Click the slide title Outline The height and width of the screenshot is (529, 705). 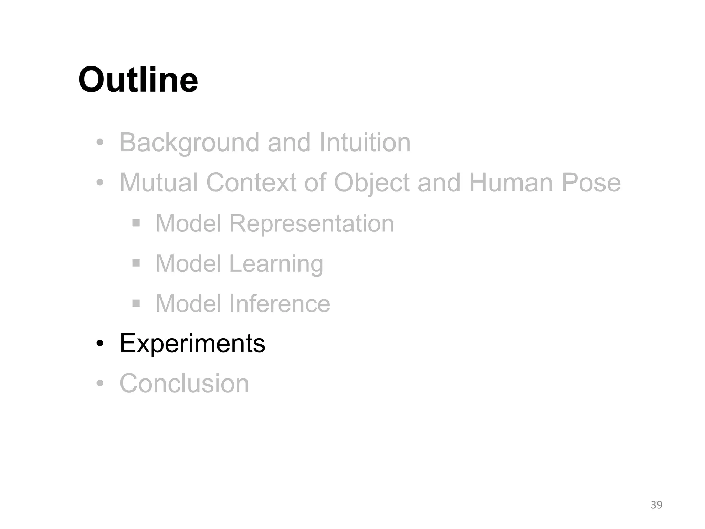click(138, 80)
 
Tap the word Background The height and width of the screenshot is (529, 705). click(189, 143)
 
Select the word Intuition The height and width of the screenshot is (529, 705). click(365, 143)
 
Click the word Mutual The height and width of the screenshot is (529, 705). click(158, 183)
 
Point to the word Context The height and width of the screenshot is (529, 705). click(251, 183)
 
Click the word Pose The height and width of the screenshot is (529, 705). click(591, 183)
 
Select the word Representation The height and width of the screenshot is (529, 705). click(312, 224)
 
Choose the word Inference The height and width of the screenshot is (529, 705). click(280, 304)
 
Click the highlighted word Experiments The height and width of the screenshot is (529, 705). click(192, 343)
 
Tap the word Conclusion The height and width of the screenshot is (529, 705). click(184, 383)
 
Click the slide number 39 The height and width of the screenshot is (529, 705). click(656, 505)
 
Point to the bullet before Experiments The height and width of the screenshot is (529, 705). click(100, 343)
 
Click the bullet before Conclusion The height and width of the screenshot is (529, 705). click(100, 383)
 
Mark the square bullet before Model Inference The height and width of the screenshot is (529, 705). click(136, 303)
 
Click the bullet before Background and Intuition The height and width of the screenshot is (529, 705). click(100, 143)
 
